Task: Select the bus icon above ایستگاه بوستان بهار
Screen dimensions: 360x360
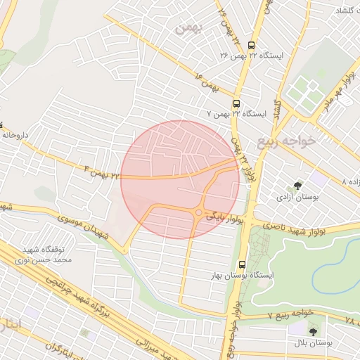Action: pos(243,265)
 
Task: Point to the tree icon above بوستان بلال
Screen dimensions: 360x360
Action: pos(312,331)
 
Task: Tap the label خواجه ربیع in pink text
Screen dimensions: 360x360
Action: pos(297,141)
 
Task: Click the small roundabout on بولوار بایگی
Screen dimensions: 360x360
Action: pos(200,213)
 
